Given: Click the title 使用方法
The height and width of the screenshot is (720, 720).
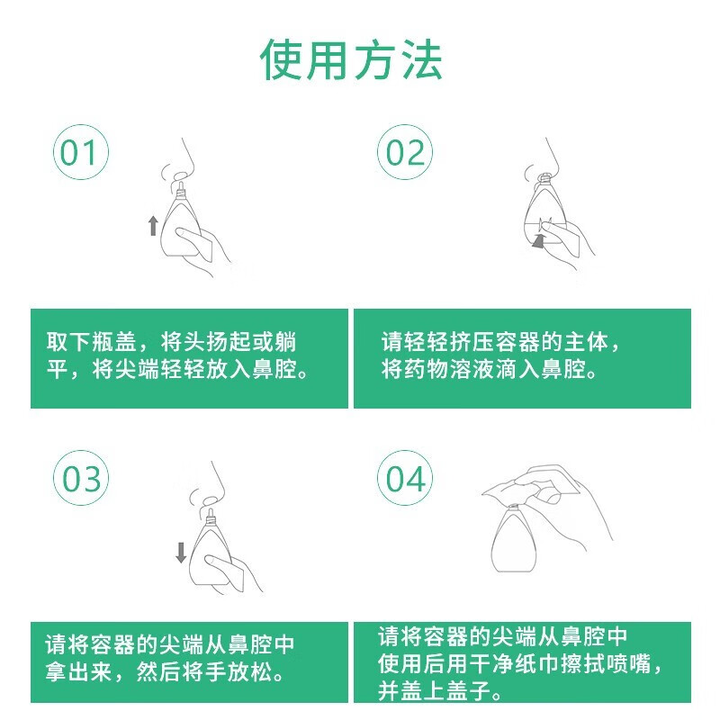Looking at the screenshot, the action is pyautogui.click(x=351, y=59).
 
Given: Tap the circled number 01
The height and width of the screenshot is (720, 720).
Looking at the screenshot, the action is pyautogui.click(x=81, y=152).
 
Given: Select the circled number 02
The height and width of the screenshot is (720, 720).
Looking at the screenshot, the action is pyautogui.click(x=404, y=152).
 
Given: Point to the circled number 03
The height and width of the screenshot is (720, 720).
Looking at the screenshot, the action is pyautogui.click(x=81, y=478).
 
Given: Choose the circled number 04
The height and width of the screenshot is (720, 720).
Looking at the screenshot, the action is pyautogui.click(x=404, y=478).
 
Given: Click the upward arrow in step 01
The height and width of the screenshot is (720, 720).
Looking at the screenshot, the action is pyautogui.click(x=153, y=226).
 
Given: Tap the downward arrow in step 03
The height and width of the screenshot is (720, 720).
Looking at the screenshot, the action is pyautogui.click(x=181, y=553).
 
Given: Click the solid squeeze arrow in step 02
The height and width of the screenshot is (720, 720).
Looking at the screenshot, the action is pyautogui.click(x=539, y=240).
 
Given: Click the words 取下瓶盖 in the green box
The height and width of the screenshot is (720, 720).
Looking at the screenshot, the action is pyautogui.click(x=92, y=342).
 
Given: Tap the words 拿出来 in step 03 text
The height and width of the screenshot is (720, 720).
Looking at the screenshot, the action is pyautogui.click(x=79, y=671).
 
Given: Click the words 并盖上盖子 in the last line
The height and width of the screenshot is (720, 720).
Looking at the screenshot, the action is pyautogui.click(x=434, y=690).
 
